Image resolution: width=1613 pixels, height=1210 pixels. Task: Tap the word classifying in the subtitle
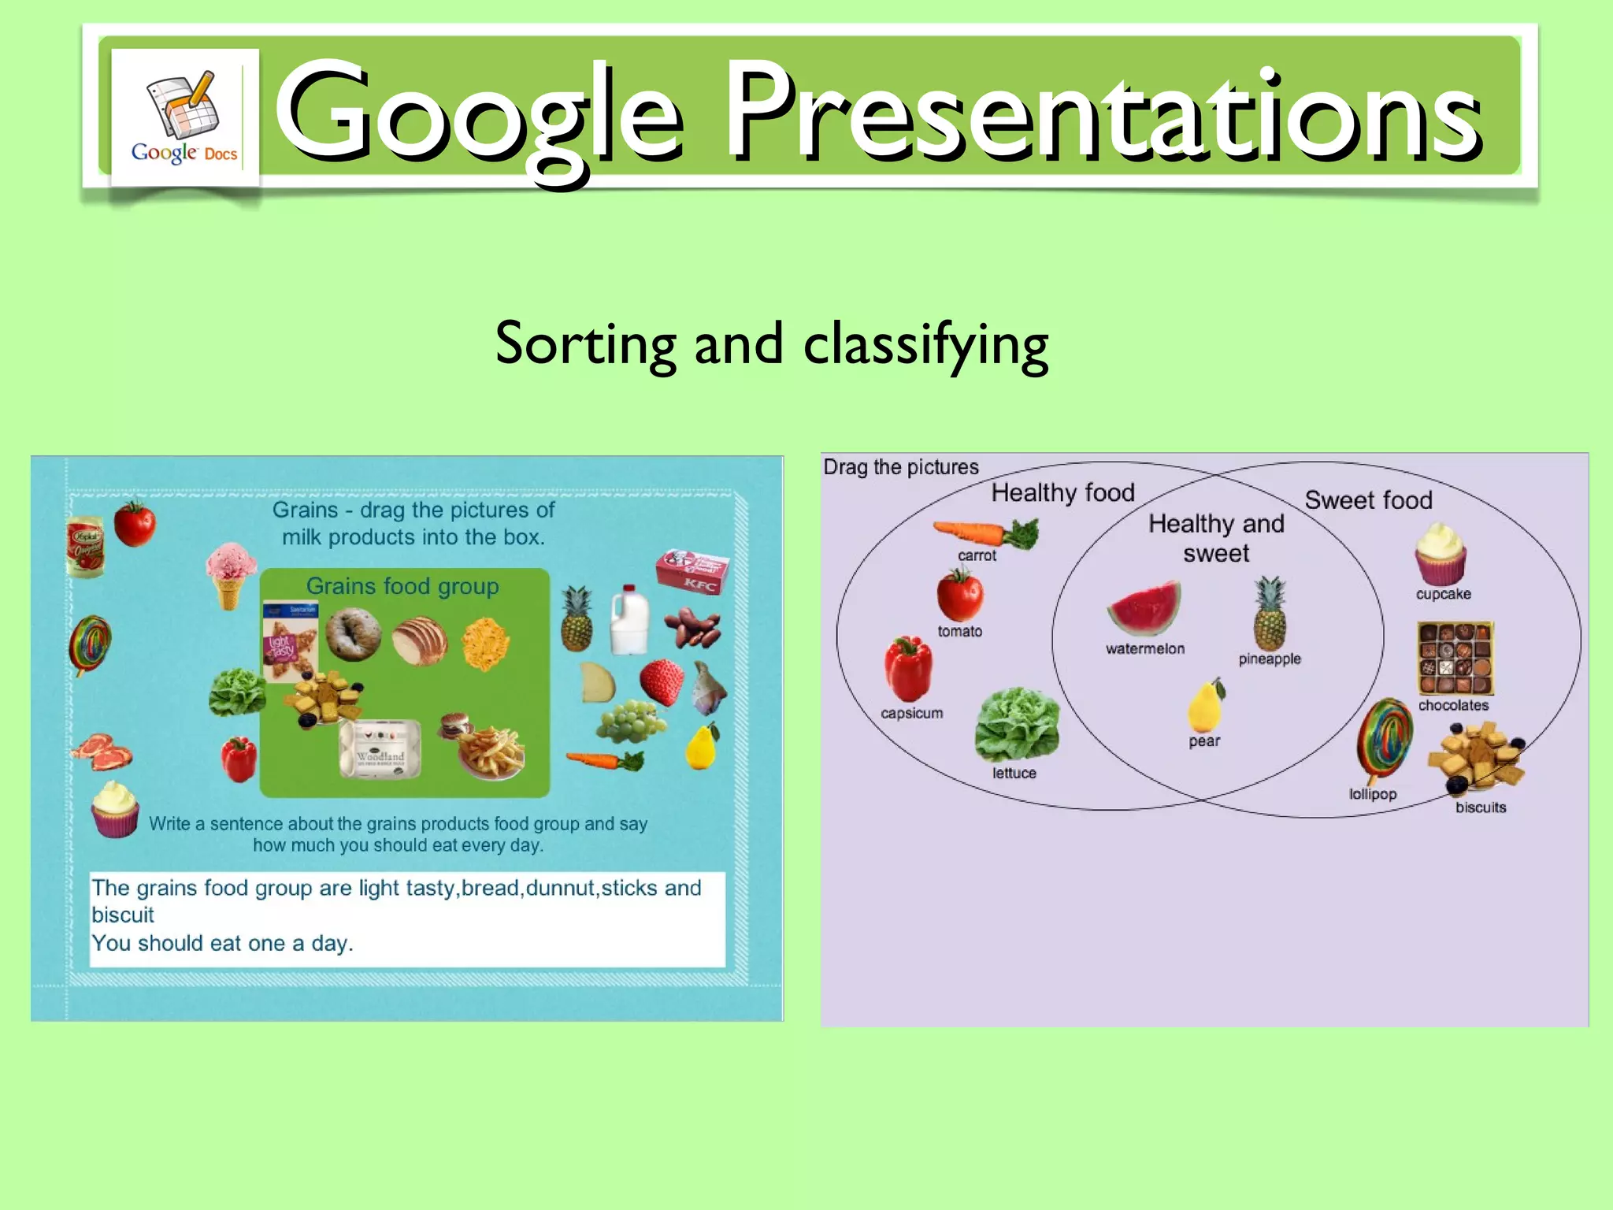(x=925, y=344)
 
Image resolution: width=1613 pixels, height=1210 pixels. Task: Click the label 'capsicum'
(x=911, y=713)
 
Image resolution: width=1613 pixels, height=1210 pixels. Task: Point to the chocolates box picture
(x=1455, y=659)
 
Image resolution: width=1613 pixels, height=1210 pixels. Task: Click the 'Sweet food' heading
(x=1368, y=500)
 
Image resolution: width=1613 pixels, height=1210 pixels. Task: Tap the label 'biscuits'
(x=1480, y=807)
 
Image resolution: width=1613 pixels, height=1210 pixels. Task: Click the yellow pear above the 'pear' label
(x=1205, y=706)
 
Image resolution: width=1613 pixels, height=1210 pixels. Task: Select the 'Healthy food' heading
(x=1062, y=493)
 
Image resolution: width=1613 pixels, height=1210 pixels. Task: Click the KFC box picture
(x=692, y=572)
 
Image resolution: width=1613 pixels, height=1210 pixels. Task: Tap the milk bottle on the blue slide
(x=629, y=622)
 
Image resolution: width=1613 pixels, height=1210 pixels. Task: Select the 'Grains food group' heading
(x=402, y=587)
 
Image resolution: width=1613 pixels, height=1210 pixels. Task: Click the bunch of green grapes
(x=630, y=721)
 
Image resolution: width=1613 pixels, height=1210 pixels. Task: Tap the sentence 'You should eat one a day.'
(x=222, y=943)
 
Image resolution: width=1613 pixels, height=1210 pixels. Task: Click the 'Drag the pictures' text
(x=900, y=467)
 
